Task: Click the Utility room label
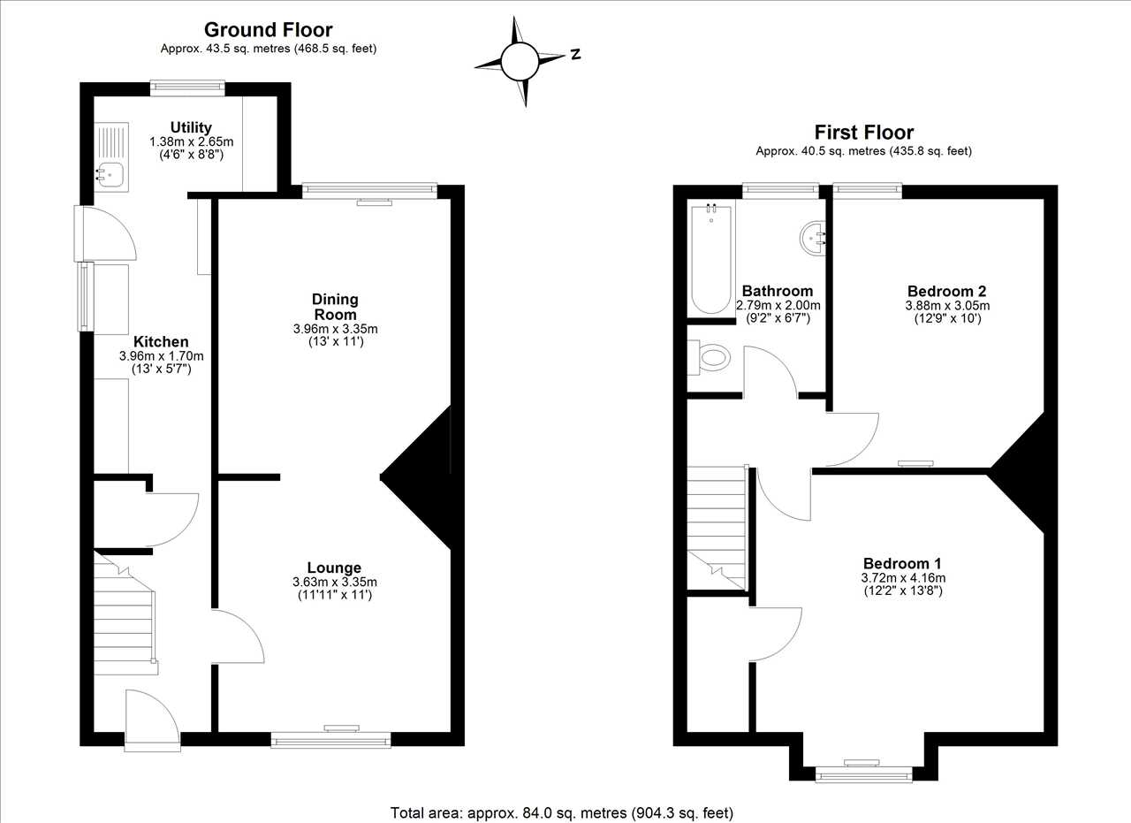(191, 127)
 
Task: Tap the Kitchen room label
(161, 341)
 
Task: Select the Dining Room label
(335, 307)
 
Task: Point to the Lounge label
(334, 568)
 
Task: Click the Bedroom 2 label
(946, 291)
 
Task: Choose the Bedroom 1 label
(903, 563)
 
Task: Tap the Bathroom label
(778, 291)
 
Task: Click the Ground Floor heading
(268, 30)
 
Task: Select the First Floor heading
(864, 133)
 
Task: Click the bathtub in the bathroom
(711, 259)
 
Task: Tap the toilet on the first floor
(709, 358)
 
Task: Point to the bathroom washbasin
(812, 238)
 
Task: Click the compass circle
(520, 62)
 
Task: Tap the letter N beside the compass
(575, 54)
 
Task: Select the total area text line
(561, 813)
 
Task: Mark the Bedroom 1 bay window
(864, 774)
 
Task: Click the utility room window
(187, 88)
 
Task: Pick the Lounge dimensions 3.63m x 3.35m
(335, 582)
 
